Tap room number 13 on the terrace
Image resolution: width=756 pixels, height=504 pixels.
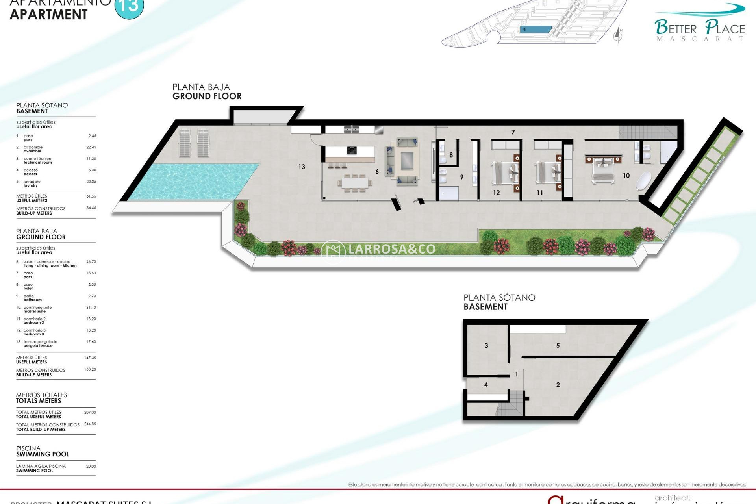pos(302,167)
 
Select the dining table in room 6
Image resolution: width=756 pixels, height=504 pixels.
pos(355,183)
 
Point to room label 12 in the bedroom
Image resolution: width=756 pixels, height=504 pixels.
pos(496,193)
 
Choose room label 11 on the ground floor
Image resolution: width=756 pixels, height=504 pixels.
pos(539,193)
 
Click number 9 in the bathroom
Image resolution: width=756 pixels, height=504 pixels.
pos(462,177)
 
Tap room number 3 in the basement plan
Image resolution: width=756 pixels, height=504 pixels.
pos(486,346)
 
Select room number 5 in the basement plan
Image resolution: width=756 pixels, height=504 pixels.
pos(558,346)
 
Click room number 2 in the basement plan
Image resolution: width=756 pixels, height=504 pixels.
pos(558,385)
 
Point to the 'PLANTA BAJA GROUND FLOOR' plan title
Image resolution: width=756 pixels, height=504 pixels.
pos(207,92)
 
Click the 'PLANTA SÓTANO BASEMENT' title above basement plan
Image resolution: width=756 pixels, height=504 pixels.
pos(499,302)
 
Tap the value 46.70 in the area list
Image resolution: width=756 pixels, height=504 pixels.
pos(91,262)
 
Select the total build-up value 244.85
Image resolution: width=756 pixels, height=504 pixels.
pos(90,424)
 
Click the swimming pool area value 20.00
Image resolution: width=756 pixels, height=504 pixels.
pos(91,467)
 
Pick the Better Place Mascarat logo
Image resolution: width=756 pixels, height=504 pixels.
pos(700,24)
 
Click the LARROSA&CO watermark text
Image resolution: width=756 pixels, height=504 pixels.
pos(392,249)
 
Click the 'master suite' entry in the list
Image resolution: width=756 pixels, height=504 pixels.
pos(35,311)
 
